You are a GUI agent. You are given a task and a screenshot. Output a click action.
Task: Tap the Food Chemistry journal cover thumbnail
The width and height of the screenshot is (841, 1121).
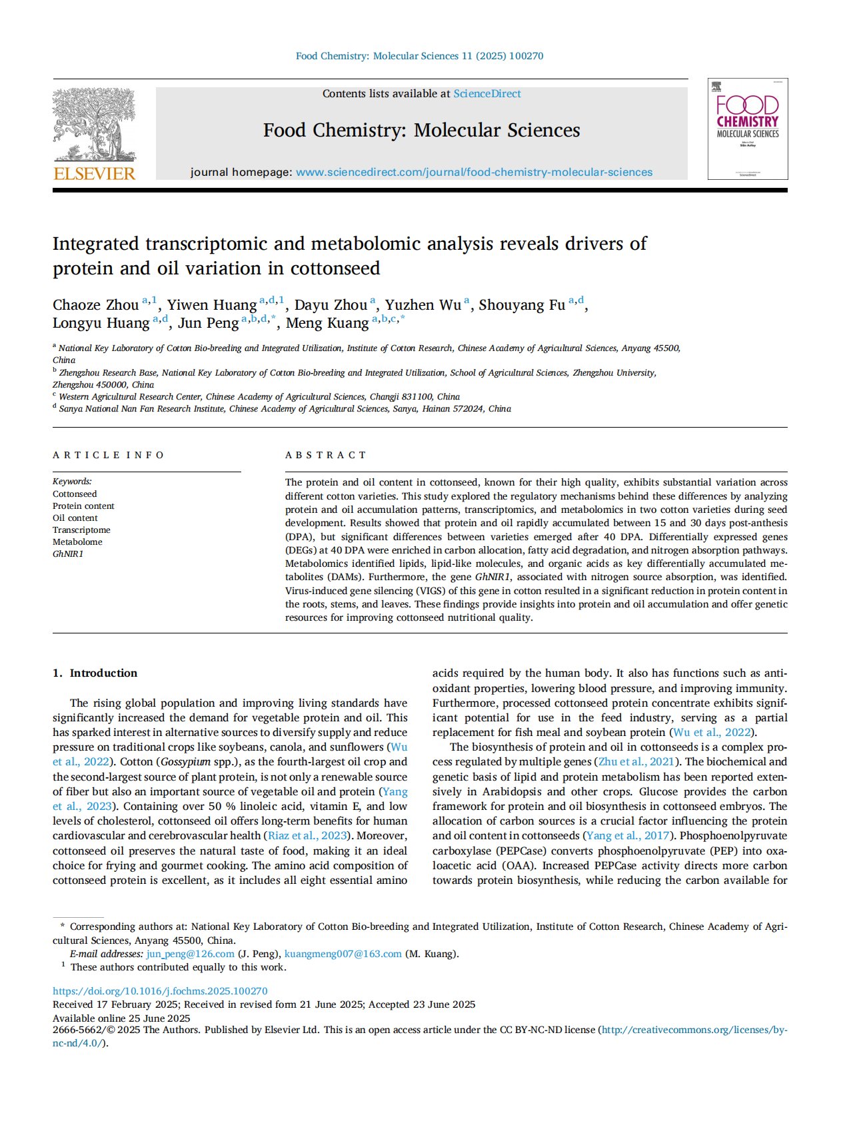coord(747,129)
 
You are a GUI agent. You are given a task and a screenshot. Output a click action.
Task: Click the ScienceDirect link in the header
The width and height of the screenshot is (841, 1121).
coord(486,94)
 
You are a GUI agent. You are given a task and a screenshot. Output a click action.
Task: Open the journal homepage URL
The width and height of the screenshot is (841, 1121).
coord(474,173)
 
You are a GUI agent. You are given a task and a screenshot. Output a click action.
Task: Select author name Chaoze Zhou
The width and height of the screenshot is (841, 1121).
coord(95,305)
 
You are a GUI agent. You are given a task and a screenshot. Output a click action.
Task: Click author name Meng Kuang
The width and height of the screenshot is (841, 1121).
coord(327,324)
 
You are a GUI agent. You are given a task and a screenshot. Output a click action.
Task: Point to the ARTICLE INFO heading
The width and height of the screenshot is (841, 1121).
coord(109,455)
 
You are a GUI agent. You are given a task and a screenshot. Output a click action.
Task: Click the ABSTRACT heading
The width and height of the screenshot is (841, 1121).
coord(326,455)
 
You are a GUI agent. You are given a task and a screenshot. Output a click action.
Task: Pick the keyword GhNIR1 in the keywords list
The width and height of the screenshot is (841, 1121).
coord(68,554)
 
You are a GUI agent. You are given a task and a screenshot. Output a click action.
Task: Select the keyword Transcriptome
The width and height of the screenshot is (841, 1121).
coord(81,530)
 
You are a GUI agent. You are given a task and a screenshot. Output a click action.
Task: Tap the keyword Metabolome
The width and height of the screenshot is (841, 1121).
coord(77,542)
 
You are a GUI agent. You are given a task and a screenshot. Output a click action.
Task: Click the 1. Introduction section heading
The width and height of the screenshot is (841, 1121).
coord(95,673)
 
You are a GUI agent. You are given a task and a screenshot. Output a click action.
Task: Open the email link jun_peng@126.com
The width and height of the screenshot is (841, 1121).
coord(190,954)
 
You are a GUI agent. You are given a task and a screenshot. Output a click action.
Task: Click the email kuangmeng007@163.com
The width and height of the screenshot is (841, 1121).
coord(343,954)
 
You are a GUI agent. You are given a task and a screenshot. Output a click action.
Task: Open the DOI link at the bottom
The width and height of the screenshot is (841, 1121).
coord(160,991)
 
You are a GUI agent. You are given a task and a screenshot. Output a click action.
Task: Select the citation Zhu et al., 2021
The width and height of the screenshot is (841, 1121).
coord(636,762)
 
